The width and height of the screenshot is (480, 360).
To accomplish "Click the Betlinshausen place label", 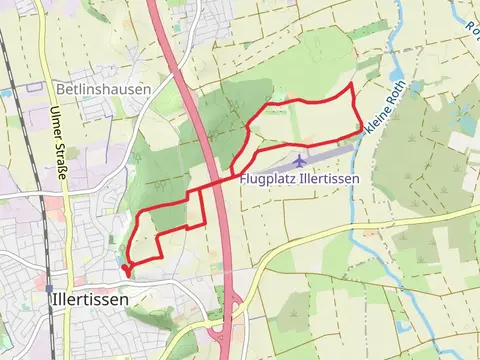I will (103, 88).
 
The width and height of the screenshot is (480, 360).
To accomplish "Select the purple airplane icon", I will (300, 161).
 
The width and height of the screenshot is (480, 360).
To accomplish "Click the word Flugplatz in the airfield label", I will (270, 179).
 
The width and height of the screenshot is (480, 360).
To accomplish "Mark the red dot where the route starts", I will (125, 267).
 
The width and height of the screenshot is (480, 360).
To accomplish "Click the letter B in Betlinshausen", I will (62, 88).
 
